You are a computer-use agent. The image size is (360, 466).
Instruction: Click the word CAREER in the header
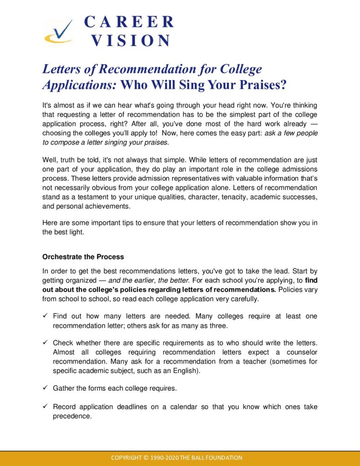coord(129,21)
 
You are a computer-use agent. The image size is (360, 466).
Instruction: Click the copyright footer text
coord(177,457)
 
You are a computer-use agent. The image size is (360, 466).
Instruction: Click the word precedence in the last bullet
coord(71,415)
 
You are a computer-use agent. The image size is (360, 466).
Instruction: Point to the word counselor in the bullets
coord(302,352)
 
